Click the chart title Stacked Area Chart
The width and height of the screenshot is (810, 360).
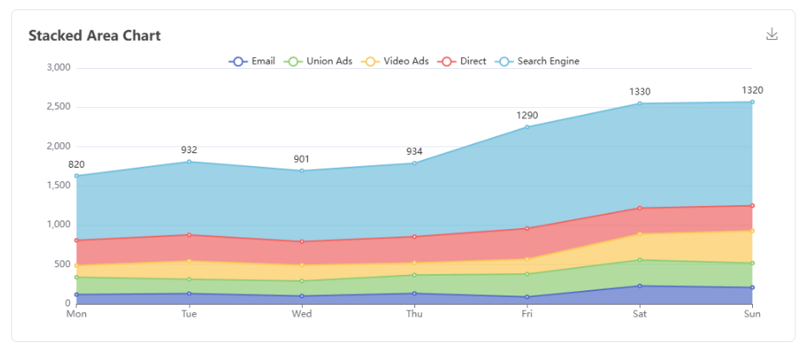pyautogui.click(x=94, y=36)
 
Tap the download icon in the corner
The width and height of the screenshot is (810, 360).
pyautogui.click(x=772, y=34)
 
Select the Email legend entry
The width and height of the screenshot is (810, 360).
pyautogui.click(x=253, y=61)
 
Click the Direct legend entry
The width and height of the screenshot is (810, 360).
pyautogui.click(x=463, y=61)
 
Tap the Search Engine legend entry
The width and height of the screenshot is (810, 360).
pyautogui.click(x=538, y=61)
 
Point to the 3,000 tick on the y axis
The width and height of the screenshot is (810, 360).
pyautogui.click(x=57, y=68)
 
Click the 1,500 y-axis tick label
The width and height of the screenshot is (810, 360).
pyautogui.click(x=57, y=186)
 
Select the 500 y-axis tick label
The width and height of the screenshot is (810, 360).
pyautogui.click(x=62, y=264)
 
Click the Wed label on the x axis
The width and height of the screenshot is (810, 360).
pyautogui.click(x=302, y=314)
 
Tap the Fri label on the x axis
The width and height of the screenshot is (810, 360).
pyautogui.click(x=528, y=314)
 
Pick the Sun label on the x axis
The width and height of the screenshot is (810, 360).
pyautogui.click(x=752, y=314)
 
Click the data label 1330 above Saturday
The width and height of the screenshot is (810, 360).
pyautogui.click(x=640, y=92)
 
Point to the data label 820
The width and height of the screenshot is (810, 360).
pyautogui.click(x=77, y=164)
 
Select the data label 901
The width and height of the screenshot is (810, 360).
pyautogui.click(x=302, y=159)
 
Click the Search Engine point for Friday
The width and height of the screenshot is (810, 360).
pyautogui.click(x=528, y=128)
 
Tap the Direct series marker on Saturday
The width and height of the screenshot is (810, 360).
pyautogui.click(x=640, y=208)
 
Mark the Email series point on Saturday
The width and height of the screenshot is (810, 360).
pyautogui.click(x=640, y=286)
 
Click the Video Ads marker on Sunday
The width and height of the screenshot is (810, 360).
pyautogui.click(x=752, y=231)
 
